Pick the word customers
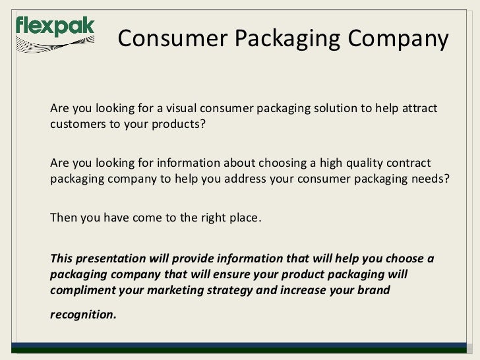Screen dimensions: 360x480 point(75,126)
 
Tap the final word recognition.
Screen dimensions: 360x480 point(82,315)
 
